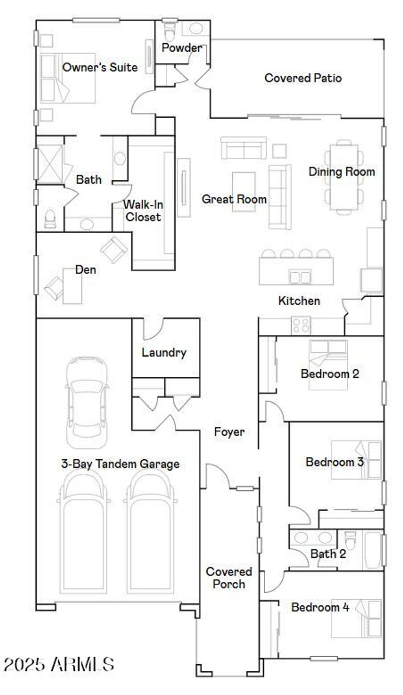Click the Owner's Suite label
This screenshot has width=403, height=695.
click(100, 67)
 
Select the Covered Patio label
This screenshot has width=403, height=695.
click(303, 78)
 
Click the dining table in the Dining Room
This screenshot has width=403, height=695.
click(344, 178)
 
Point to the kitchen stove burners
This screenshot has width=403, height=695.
click(301, 325)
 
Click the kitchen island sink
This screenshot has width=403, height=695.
click(300, 277)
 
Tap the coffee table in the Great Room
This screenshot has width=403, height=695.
click(243, 192)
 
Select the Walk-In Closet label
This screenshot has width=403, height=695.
click(143, 211)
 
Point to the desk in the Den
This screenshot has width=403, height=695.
click(72, 286)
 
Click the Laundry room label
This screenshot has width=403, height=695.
click(164, 352)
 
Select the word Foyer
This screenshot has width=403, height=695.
click(229, 432)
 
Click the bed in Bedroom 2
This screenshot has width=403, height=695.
click(328, 365)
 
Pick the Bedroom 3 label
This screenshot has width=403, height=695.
click(335, 462)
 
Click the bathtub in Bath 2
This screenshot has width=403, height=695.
click(372, 550)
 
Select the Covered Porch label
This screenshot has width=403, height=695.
click(229, 578)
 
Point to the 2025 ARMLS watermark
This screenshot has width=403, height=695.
click(59, 665)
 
